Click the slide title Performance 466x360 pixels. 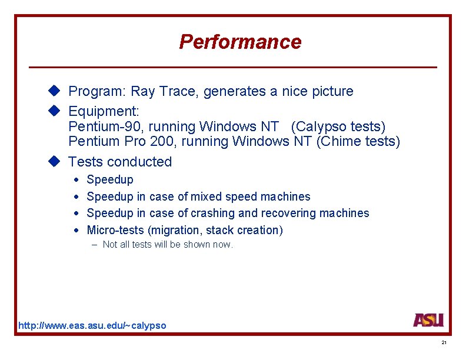pyautogui.click(x=239, y=42)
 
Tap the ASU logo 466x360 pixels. pyautogui.click(x=428, y=320)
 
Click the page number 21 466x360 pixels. pyautogui.click(x=444, y=343)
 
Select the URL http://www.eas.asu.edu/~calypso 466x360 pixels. pyautogui.click(x=92, y=325)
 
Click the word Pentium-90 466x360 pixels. pyautogui.click(x=102, y=126)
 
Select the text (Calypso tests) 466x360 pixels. pyautogui.click(x=338, y=126)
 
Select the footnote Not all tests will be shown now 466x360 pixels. pyautogui.click(x=168, y=245)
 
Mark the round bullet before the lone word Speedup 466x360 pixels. pyautogui.click(x=76, y=179)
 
